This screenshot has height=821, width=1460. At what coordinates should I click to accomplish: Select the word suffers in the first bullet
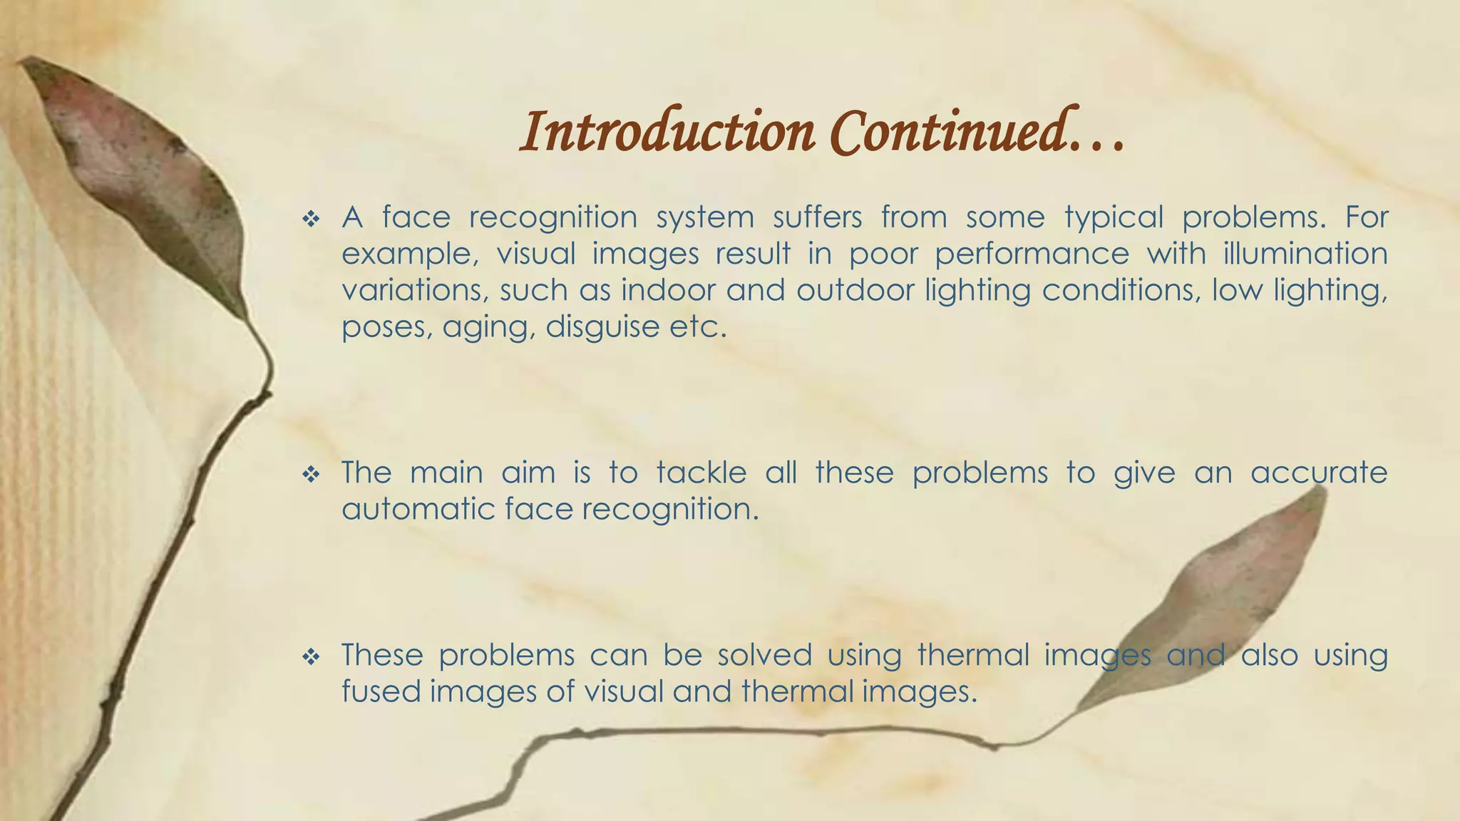[817, 217]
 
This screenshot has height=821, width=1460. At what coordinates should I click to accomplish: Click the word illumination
[1305, 253]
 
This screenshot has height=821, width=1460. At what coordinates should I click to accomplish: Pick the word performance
[1032, 254]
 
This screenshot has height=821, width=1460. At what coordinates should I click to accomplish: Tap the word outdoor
[855, 290]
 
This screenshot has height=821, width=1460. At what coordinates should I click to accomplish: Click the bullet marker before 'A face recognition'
[311, 219]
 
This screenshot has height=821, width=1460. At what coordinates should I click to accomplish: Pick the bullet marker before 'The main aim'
[311, 475]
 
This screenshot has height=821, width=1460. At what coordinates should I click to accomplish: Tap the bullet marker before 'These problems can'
[311, 657]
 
